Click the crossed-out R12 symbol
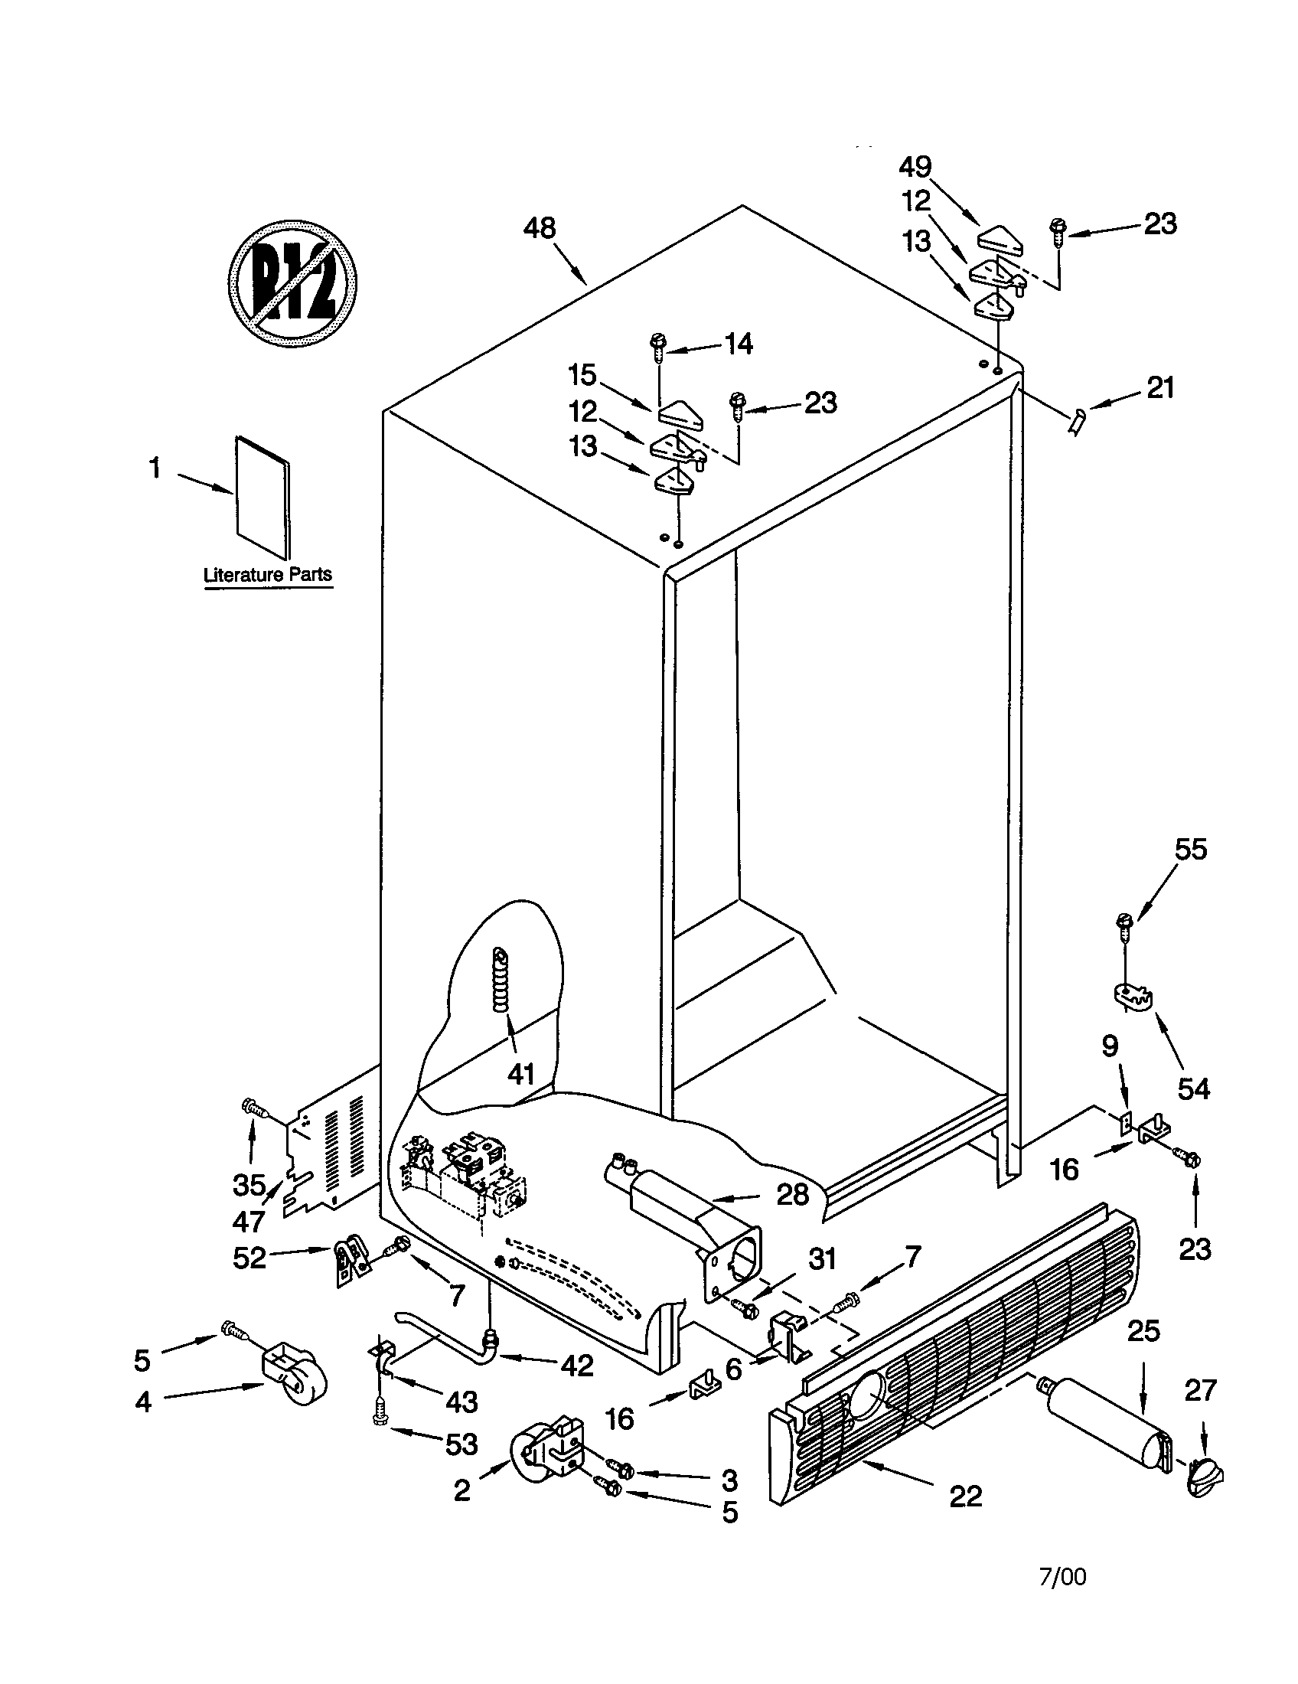pyautogui.click(x=293, y=283)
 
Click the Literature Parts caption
pyautogui.click(x=267, y=574)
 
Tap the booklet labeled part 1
pyautogui.click(x=263, y=498)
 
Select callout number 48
pyautogui.click(x=539, y=228)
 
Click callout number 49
pyautogui.click(x=915, y=167)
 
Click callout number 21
pyautogui.click(x=1160, y=388)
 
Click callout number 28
pyautogui.click(x=791, y=1194)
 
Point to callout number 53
pyautogui.click(x=461, y=1444)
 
